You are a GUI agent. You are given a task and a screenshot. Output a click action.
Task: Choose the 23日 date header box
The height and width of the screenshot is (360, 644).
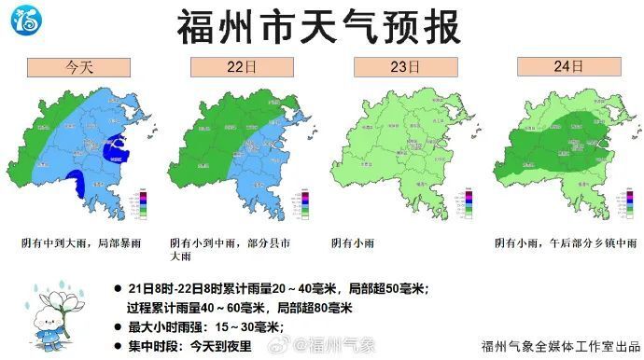(x=403, y=67)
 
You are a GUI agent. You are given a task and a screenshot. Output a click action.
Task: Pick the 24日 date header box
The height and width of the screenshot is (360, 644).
(x=566, y=67)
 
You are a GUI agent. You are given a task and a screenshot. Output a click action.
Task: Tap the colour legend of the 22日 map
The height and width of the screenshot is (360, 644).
(x=304, y=204)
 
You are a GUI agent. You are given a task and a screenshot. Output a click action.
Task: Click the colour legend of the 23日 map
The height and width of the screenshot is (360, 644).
(x=466, y=204)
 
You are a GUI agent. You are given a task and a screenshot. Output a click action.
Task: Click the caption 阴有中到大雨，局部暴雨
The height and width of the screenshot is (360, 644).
(x=80, y=242)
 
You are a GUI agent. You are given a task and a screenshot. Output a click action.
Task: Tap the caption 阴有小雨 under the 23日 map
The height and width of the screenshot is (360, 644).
(x=356, y=242)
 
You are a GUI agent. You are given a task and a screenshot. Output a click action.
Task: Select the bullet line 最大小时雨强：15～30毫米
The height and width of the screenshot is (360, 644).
(x=205, y=326)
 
